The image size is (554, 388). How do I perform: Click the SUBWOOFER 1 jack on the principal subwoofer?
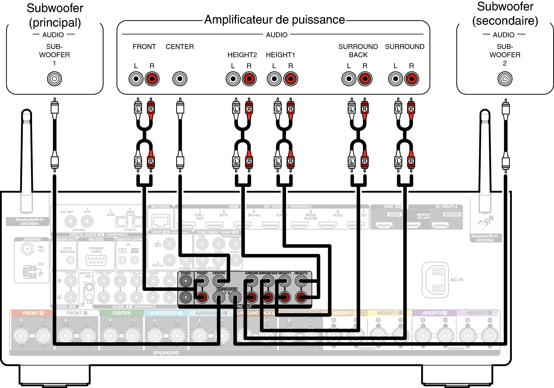pyautogui.click(x=54, y=79)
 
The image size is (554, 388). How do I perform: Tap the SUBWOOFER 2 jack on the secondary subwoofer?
pyautogui.click(x=505, y=79)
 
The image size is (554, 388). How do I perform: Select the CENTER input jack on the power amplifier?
pyautogui.click(x=180, y=79)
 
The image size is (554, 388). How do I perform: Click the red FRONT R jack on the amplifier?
pyautogui.click(x=152, y=79)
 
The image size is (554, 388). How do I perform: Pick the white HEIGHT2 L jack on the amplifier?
pyautogui.click(x=233, y=79)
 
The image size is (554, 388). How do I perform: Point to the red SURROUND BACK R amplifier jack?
pyautogui.click(x=365, y=79)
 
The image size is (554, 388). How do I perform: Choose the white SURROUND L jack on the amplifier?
pyautogui.click(x=395, y=79)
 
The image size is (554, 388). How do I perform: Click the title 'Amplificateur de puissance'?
pyautogui.click(x=275, y=20)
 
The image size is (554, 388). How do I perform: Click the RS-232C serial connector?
pyautogui.click(x=96, y=260)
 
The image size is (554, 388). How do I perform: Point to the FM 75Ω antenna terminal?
pyautogui.click(x=27, y=249)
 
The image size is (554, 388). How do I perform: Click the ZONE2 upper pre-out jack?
pyautogui.click(x=186, y=281)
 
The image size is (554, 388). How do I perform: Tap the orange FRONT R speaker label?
pyautogui.click(x=33, y=313)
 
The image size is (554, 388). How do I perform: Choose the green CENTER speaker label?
pyautogui.click(x=122, y=313)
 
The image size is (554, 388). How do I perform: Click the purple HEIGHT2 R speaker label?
pyautogui.click(x=434, y=313)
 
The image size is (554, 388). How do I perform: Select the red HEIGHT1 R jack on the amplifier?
pyautogui.click(x=291, y=79)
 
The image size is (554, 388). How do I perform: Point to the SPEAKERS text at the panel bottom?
pyautogui.click(x=166, y=353)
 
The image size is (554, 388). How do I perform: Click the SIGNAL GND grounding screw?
pyautogui.click(x=89, y=288)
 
